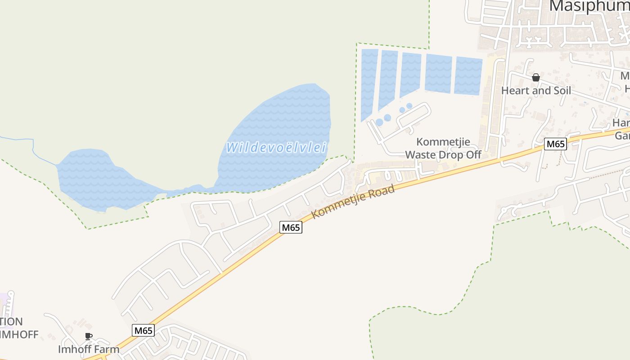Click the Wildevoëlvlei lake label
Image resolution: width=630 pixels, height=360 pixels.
click(x=276, y=148)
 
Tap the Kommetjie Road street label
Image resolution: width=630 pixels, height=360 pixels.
click(x=353, y=201)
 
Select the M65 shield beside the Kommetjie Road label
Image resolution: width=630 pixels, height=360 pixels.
click(x=291, y=227)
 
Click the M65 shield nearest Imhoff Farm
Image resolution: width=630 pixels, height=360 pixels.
click(x=144, y=330)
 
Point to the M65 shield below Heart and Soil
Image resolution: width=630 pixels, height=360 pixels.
click(x=555, y=144)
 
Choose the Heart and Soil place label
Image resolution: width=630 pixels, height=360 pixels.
click(x=536, y=90)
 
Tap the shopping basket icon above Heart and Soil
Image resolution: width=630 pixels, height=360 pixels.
click(x=535, y=77)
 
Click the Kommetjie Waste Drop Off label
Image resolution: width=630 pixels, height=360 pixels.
click(x=443, y=148)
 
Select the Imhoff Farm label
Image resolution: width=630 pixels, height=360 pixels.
click(x=89, y=349)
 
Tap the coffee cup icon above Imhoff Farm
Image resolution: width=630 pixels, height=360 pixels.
click(x=89, y=336)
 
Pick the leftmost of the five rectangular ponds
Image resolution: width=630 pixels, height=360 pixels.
click(x=369, y=83)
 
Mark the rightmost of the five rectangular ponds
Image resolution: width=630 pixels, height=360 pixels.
click(x=468, y=76)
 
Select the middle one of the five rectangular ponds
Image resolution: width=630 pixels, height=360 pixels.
click(x=410, y=74)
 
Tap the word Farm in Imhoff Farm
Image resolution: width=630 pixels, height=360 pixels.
click(x=109, y=349)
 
